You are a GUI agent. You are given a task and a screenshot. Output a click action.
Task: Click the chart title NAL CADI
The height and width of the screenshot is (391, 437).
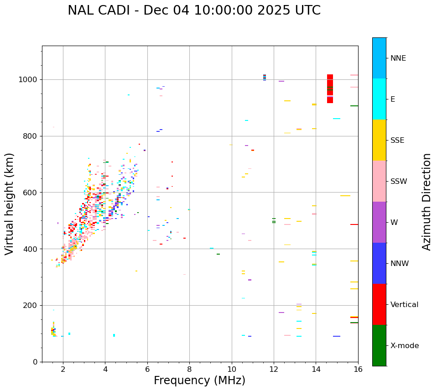pos(194,10)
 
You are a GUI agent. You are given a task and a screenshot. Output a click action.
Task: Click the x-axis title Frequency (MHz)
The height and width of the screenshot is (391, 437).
pos(199,381)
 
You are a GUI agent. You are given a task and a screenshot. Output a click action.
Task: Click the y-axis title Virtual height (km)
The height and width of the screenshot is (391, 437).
pos(10,203)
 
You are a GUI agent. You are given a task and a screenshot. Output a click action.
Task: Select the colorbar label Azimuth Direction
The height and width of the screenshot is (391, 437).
pos(427,202)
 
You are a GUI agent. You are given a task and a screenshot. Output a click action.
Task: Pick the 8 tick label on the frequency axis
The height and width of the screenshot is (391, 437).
pos(189,369)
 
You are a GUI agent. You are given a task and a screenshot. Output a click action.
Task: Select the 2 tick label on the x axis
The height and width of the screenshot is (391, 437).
pos(63,369)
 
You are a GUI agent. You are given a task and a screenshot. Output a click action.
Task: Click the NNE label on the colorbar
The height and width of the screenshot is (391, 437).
pos(398,58)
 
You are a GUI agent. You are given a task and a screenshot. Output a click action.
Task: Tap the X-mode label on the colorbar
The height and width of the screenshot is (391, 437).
pos(404,346)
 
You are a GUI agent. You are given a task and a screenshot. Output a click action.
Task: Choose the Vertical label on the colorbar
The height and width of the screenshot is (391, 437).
pos(404,305)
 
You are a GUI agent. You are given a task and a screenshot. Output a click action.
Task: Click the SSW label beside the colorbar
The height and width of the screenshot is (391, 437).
pos(399,182)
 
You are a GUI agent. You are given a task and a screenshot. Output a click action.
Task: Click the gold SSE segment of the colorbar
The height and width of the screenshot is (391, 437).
pos(379,140)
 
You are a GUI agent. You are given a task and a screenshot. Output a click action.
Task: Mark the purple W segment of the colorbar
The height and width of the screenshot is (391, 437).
pos(379,222)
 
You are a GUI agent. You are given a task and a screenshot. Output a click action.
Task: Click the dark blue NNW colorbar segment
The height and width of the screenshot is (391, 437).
pos(379,263)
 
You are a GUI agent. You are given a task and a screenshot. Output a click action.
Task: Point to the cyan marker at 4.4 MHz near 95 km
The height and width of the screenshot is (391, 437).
pos(114,335)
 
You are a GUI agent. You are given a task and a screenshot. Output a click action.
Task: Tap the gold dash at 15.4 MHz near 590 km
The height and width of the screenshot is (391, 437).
pos(345,196)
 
